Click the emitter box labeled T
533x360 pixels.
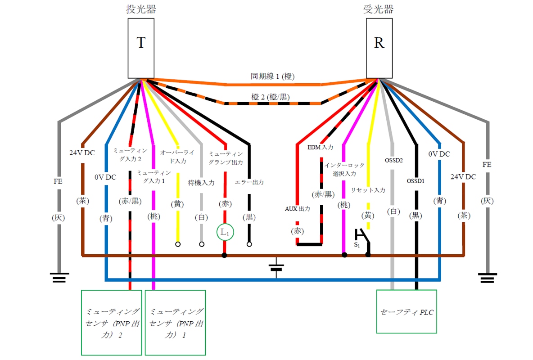click(141, 48)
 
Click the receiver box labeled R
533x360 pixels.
click(379, 48)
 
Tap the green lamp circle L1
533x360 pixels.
click(225, 233)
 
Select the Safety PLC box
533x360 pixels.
click(407, 312)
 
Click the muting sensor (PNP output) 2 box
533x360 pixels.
click(112, 323)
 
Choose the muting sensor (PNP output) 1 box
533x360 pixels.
click(175, 323)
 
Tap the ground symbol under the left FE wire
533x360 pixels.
click(59, 278)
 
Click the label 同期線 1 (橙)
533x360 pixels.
click(273, 76)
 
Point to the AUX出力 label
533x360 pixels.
click(298, 209)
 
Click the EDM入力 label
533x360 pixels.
click(320, 147)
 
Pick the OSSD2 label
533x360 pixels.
click(393, 160)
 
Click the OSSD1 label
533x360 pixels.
click(416, 181)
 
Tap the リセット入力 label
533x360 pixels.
click(368, 190)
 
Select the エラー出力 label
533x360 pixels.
click(249, 182)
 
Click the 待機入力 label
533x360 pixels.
click(201, 183)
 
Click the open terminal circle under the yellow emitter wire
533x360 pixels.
click(178, 244)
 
